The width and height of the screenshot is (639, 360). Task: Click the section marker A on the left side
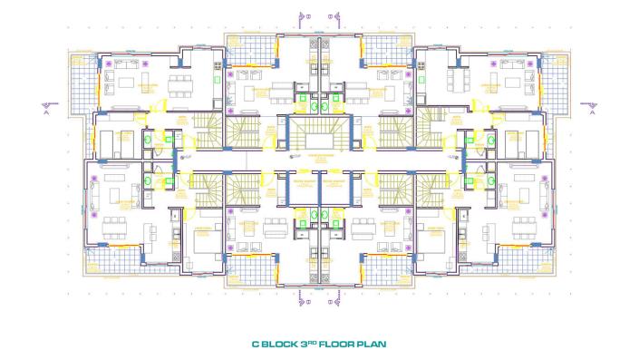pos(45,113)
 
